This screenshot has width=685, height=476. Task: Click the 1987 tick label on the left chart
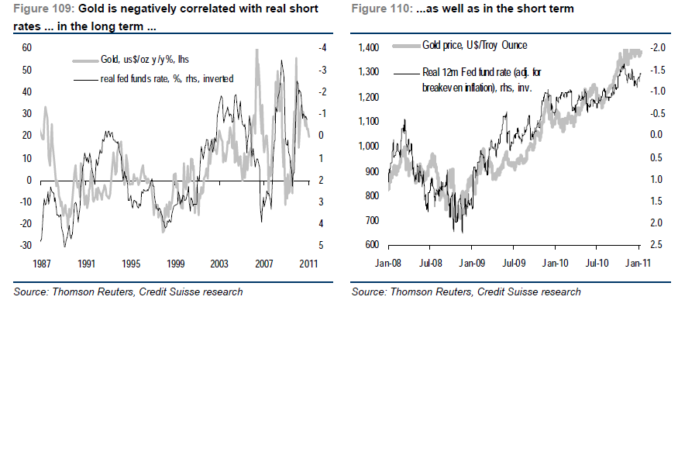pyautogui.click(x=43, y=263)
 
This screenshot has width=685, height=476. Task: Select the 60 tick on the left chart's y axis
pyautogui.click(x=26, y=47)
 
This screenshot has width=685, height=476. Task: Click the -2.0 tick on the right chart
pyautogui.click(x=659, y=47)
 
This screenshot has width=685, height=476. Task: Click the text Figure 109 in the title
pyautogui.click(x=39, y=8)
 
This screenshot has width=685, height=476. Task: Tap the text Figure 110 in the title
pyautogui.click(x=377, y=8)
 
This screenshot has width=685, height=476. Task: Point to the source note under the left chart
pyautogui.click(x=128, y=291)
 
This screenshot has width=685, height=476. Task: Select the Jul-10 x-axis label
pyautogui.click(x=597, y=263)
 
